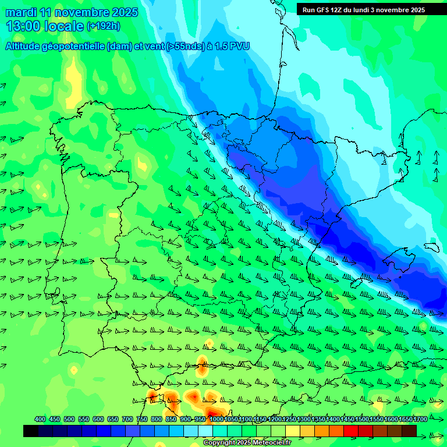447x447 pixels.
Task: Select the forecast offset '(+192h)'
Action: coord(103,26)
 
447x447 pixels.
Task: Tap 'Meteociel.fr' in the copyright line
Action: coord(267,443)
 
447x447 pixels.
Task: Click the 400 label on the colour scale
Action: coord(40,420)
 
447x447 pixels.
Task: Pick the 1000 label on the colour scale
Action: coord(216,420)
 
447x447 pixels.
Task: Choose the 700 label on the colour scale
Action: coord(127,420)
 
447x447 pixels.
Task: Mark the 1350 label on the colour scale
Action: coord(318,420)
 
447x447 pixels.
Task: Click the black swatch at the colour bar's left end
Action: coord(31,431)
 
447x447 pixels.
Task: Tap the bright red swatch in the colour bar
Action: coord(350,431)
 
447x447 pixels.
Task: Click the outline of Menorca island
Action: coord(431,247)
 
